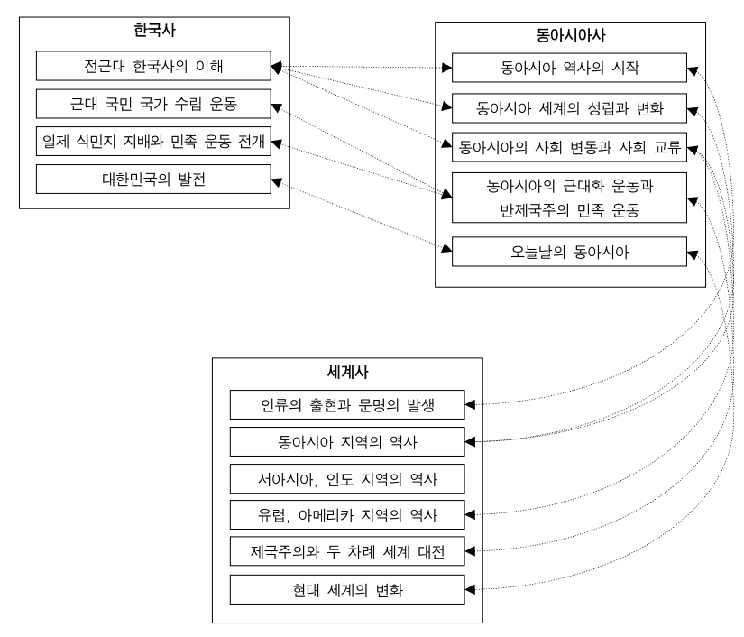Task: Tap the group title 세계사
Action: pos(347,372)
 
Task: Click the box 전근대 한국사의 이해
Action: pos(153,67)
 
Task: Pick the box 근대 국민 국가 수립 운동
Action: pos(153,104)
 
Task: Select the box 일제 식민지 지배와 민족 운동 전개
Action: pos(153,142)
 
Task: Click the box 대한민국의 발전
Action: pos(153,179)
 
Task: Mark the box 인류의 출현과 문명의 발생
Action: pos(347,403)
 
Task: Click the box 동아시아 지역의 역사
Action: pos(347,441)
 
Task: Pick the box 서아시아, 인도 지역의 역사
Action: pos(347,478)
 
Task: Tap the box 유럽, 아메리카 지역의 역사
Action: pos(347,516)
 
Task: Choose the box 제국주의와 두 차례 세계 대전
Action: pos(347,549)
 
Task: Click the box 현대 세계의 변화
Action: pos(347,590)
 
